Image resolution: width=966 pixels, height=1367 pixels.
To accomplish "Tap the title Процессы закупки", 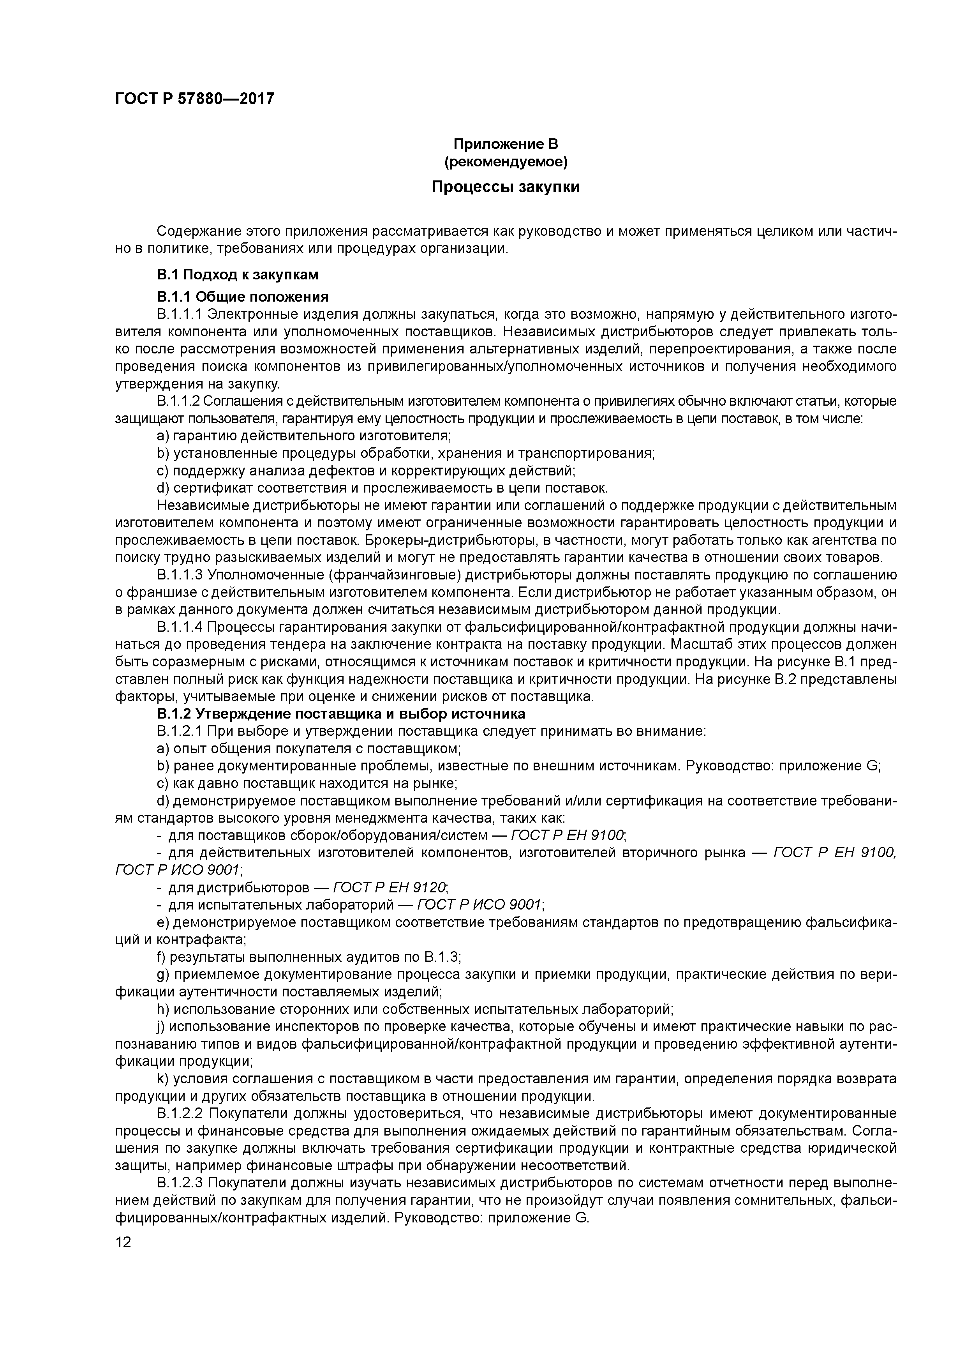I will [505, 187].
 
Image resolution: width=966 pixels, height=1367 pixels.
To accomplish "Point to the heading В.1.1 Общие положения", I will [242, 297].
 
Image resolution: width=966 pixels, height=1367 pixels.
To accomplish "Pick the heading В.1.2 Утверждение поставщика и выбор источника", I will [341, 714].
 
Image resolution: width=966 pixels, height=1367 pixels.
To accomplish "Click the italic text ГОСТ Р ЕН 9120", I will [389, 888].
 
